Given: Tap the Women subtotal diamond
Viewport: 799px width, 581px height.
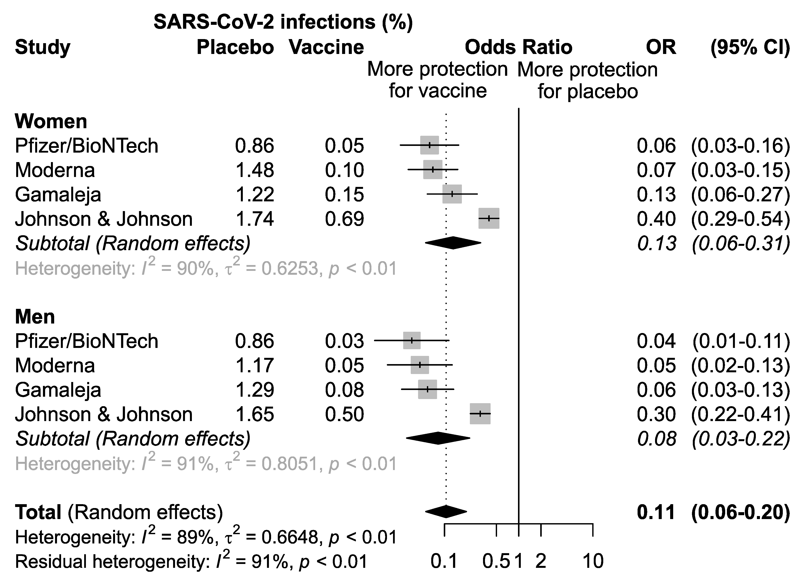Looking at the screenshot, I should click(453, 243).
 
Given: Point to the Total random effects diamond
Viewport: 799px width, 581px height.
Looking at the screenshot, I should click(446, 512).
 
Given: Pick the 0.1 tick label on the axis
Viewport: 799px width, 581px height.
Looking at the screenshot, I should click(444, 561).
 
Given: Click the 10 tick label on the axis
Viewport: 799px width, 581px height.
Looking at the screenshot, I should click(593, 561).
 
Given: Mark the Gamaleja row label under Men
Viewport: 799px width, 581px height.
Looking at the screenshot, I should click(58, 390).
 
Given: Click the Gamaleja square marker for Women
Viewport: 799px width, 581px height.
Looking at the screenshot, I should click(452, 194).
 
